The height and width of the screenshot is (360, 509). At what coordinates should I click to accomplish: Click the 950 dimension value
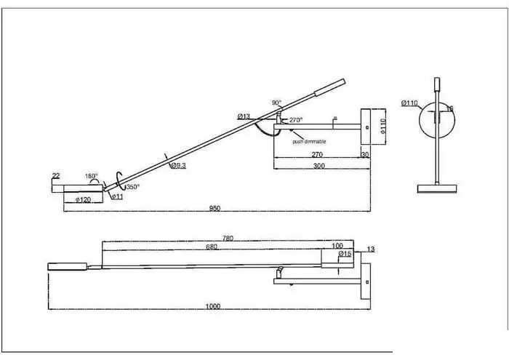(215, 208)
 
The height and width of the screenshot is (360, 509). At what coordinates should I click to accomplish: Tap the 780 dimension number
(228, 239)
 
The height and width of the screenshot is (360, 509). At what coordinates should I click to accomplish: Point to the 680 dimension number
(212, 247)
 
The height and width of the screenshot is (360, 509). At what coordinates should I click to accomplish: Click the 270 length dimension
(317, 155)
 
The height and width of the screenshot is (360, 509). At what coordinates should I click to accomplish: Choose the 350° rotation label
(132, 187)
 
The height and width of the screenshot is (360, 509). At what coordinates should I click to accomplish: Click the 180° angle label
(91, 176)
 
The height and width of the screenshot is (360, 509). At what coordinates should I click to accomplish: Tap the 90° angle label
(276, 103)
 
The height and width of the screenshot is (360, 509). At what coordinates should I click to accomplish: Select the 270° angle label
(295, 119)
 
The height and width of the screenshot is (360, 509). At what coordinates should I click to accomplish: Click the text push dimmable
(309, 141)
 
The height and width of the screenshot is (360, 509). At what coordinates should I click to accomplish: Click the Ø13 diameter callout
(244, 116)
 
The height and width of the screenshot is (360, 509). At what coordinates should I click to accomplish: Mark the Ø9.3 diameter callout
(178, 166)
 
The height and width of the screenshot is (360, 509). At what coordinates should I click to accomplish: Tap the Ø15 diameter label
(345, 254)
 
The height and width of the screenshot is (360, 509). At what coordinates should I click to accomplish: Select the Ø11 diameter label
(116, 197)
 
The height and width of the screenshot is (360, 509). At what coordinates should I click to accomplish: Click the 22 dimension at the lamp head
(55, 176)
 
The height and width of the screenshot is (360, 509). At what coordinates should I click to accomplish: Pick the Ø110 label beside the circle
(410, 103)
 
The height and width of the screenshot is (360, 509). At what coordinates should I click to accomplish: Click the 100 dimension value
(337, 246)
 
